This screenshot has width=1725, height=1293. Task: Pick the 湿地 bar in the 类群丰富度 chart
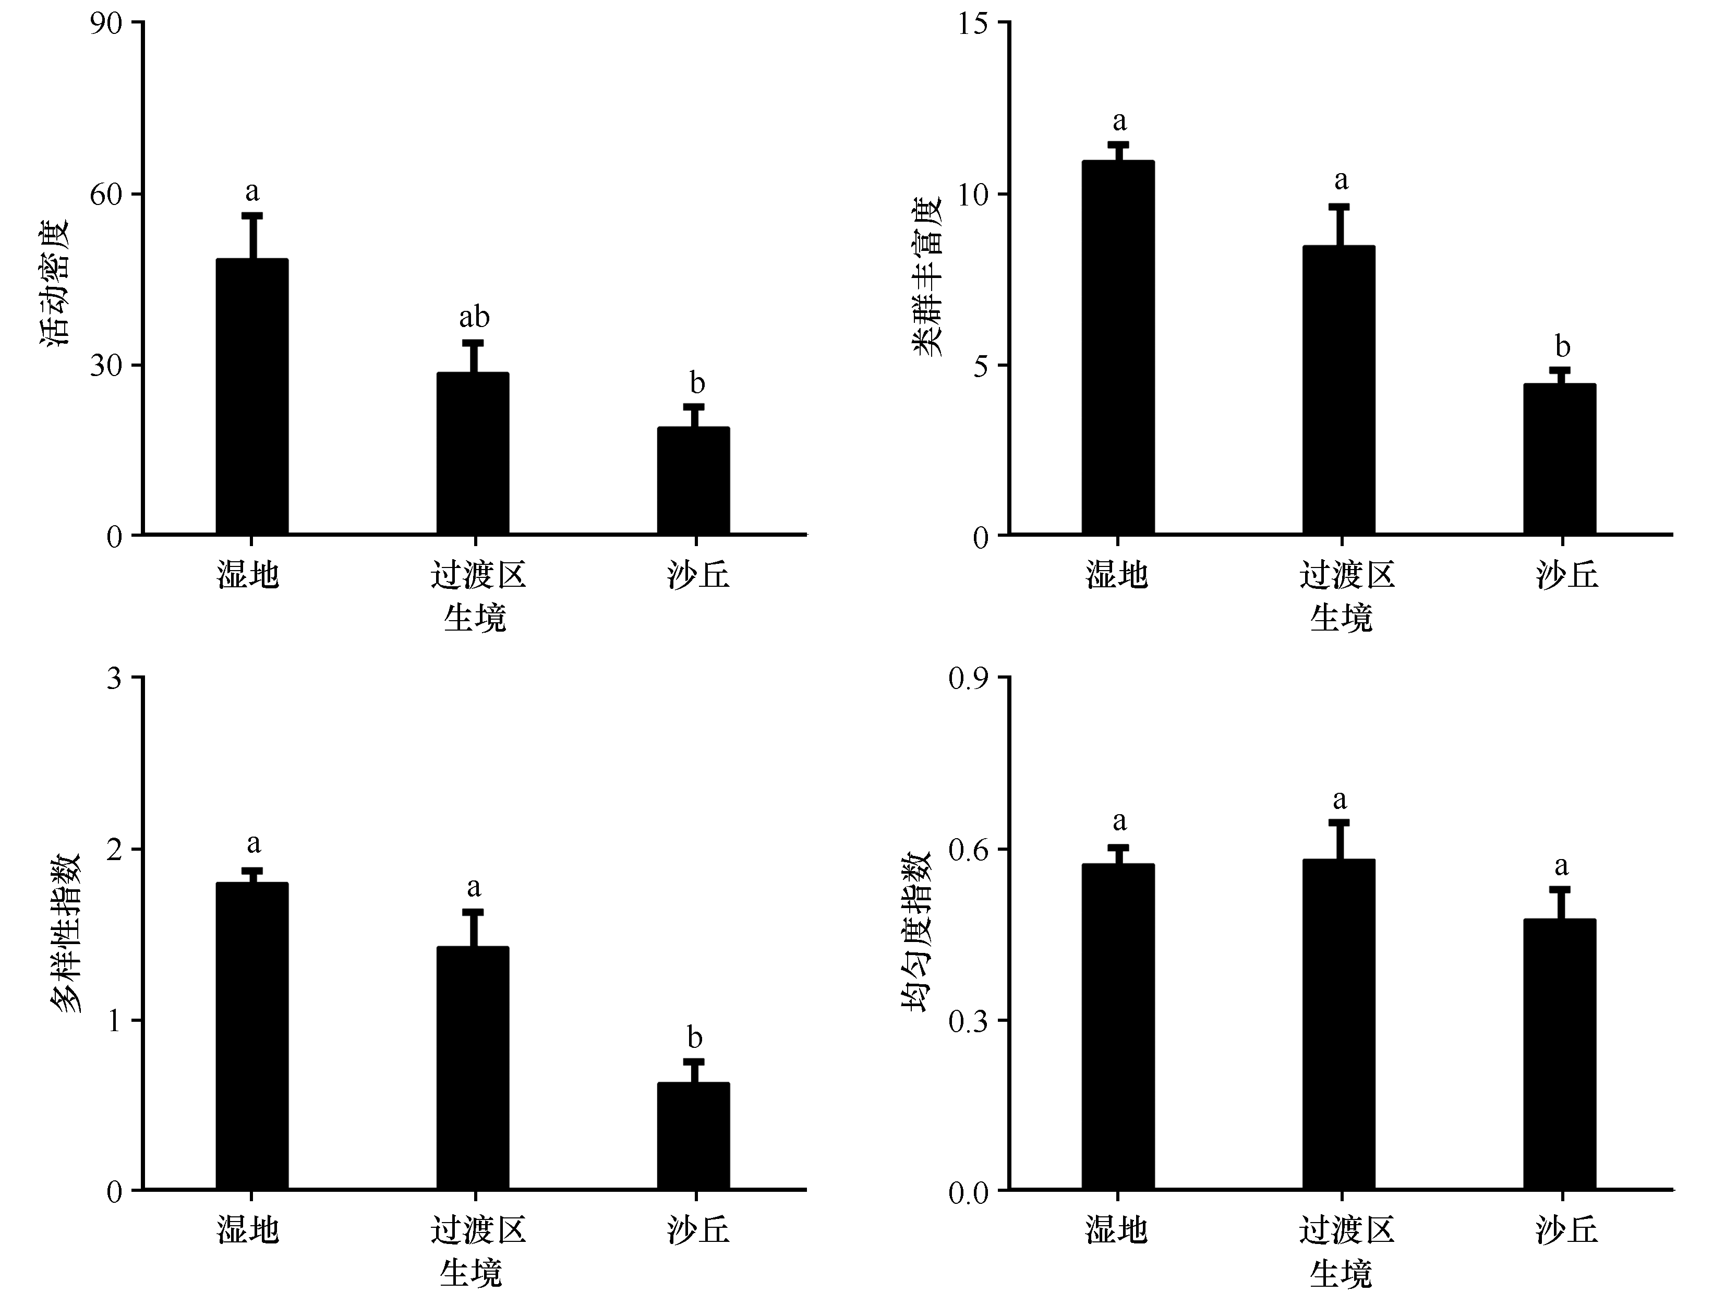click(x=1117, y=347)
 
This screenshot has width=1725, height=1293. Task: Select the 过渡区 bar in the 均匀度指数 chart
click(x=1338, y=1025)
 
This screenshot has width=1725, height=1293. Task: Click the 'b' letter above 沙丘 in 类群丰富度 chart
click(x=1562, y=346)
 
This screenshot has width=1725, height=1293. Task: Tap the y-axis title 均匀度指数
click(x=917, y=932)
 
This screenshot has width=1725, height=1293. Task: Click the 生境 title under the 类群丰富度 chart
click(x=1341, y=619)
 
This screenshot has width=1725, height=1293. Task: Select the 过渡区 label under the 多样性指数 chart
click(x=478, y=1230)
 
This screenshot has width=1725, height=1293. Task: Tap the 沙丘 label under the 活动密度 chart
click(x=698, y=575)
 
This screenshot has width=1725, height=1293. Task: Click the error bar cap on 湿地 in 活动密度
click(x=252, y=215)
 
